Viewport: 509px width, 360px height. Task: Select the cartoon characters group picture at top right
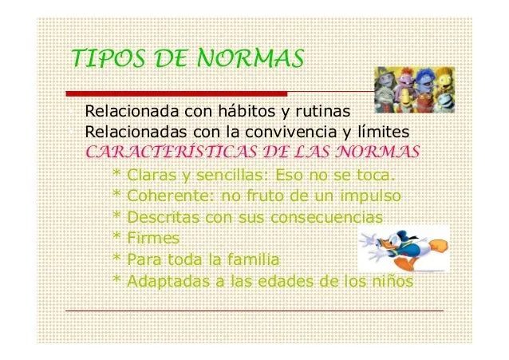coord(413,86)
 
